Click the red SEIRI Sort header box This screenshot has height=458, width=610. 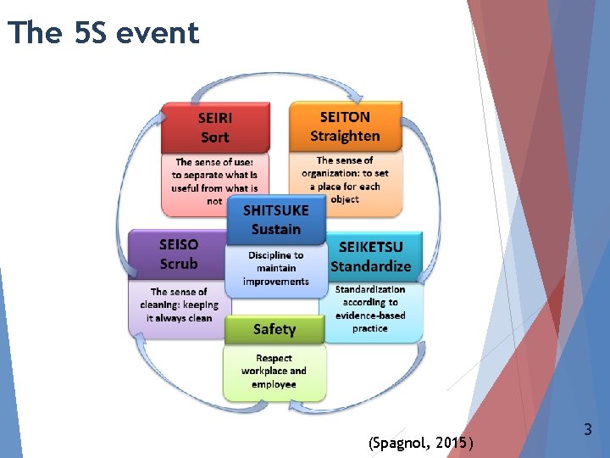[215, 127]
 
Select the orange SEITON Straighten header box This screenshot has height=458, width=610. [345, 126]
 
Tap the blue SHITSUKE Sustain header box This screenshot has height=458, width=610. [275, 220]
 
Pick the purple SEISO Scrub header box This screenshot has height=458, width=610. [178, 254]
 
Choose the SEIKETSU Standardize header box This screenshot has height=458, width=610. [370, 256]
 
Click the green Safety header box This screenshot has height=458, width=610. [274, 329]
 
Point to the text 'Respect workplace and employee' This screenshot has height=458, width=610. [274, 371]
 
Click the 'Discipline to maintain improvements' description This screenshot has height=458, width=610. [275, 268]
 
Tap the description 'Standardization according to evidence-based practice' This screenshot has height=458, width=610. [370, 309]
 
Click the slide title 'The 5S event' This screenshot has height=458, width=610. [103, 32]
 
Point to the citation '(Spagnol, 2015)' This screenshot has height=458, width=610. [421, 442]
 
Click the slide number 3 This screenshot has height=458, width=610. [588, 430]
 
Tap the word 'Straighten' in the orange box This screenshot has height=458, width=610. [345, 136]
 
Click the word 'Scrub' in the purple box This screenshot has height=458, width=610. [178, 264]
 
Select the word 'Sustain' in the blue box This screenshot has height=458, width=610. [275, 229]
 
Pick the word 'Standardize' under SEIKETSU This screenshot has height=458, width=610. [370, 266]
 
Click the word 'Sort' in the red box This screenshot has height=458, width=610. [215, 137]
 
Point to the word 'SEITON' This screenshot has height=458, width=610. [345, 117]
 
